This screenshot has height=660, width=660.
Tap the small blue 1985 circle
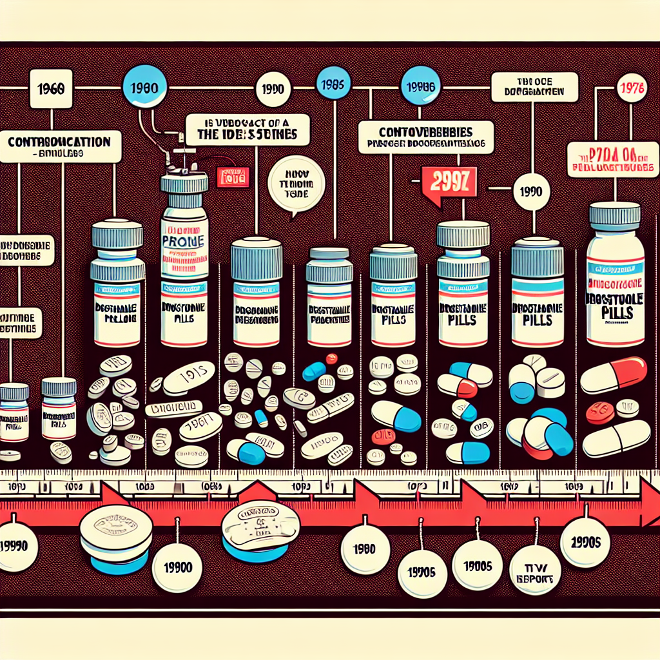[x=333, y=84]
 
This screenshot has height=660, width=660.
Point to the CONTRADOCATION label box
[x=61, y=146]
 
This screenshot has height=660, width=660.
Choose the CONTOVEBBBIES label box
[x=425, y=137]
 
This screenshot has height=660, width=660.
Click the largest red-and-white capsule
[x=614, y=374]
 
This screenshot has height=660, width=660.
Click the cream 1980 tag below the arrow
[x=365, y=550]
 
